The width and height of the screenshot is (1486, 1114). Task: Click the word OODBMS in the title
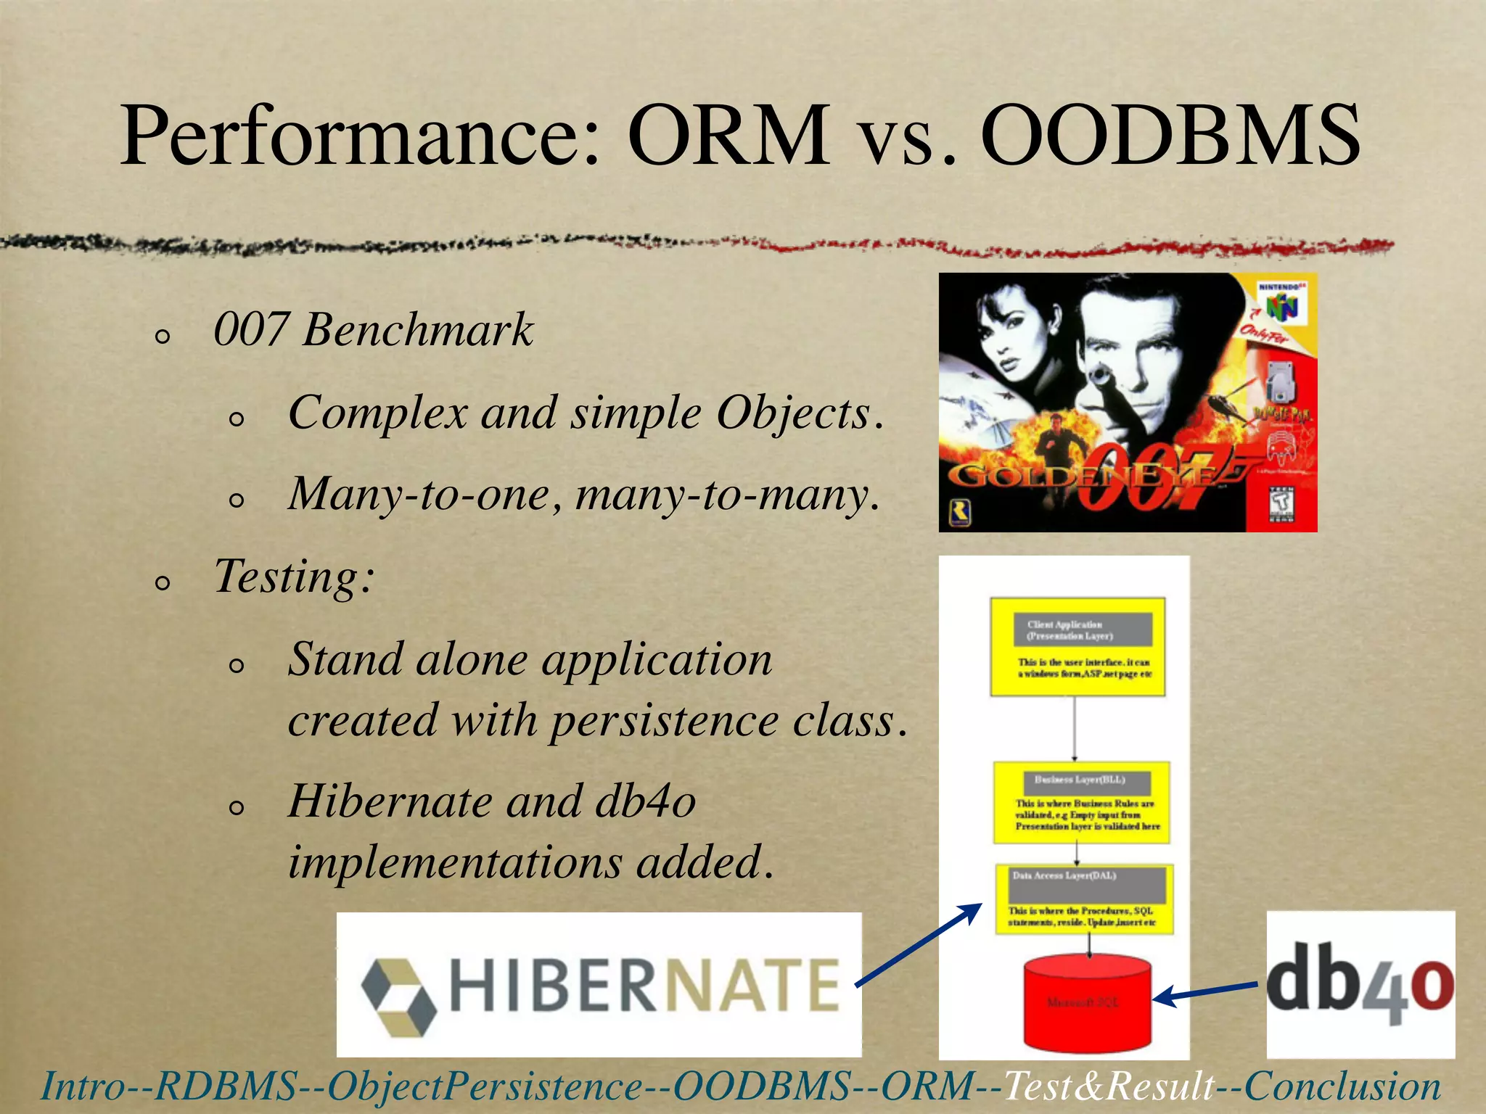[1170, 136]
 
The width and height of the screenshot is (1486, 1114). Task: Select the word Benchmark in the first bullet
[418, 331]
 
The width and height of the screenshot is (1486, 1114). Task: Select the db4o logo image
[1360, 984]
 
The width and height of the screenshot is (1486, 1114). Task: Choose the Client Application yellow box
[1077, 647]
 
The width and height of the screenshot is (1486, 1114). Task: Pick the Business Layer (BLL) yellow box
[1081, 802]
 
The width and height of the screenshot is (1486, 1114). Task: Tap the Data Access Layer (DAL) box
[1084, 899]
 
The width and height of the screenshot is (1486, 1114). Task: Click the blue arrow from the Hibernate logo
[919, 945]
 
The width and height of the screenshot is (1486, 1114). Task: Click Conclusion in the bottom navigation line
[1342, 1086]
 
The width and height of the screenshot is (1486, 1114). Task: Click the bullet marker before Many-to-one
[237, 500]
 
